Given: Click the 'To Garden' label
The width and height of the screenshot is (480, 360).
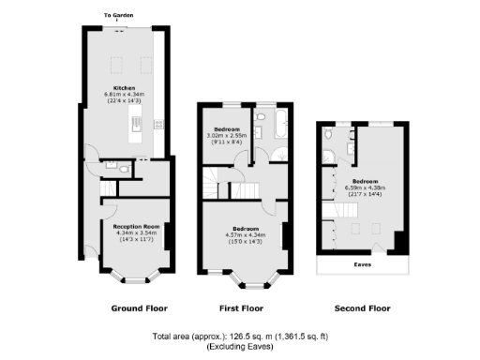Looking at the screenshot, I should click(x=119, y=15).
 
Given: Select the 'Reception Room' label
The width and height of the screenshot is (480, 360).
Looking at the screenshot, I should click(x=133, y=226).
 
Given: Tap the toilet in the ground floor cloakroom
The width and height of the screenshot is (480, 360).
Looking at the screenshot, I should click(x=112, y=164).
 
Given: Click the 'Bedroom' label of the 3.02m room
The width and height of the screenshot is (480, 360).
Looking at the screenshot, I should click(x=227, y=128).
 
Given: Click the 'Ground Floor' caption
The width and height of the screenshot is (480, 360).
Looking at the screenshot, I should click(x=139, y=307).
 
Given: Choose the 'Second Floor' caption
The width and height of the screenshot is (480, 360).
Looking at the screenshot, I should click(x=362, y=307).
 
